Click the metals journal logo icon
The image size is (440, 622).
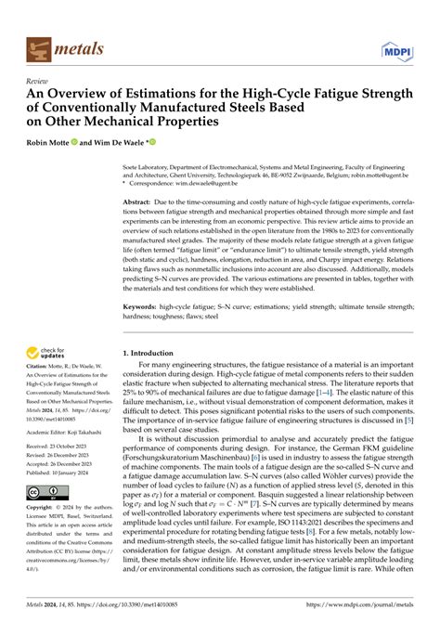click(42, 44)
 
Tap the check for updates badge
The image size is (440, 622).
click(50, 354)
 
